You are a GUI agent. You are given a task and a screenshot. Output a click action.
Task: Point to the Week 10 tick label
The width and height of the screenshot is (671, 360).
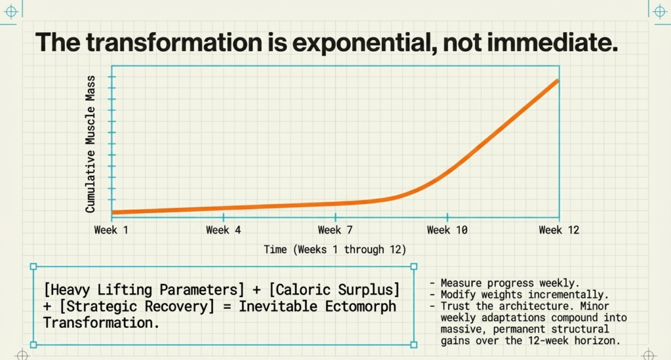448,230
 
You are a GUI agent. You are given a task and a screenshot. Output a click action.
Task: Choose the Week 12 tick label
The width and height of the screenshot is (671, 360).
559,230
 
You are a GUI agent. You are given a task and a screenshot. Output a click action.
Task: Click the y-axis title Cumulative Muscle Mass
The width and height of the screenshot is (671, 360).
90,144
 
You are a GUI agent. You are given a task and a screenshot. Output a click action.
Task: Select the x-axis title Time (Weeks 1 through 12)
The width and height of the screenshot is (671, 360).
335,250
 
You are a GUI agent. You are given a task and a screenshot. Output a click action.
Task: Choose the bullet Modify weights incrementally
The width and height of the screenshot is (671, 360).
519,294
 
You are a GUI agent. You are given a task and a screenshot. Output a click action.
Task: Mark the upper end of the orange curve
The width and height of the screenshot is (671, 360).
557,81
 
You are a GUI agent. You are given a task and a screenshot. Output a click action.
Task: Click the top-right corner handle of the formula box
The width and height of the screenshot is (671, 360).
413,267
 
